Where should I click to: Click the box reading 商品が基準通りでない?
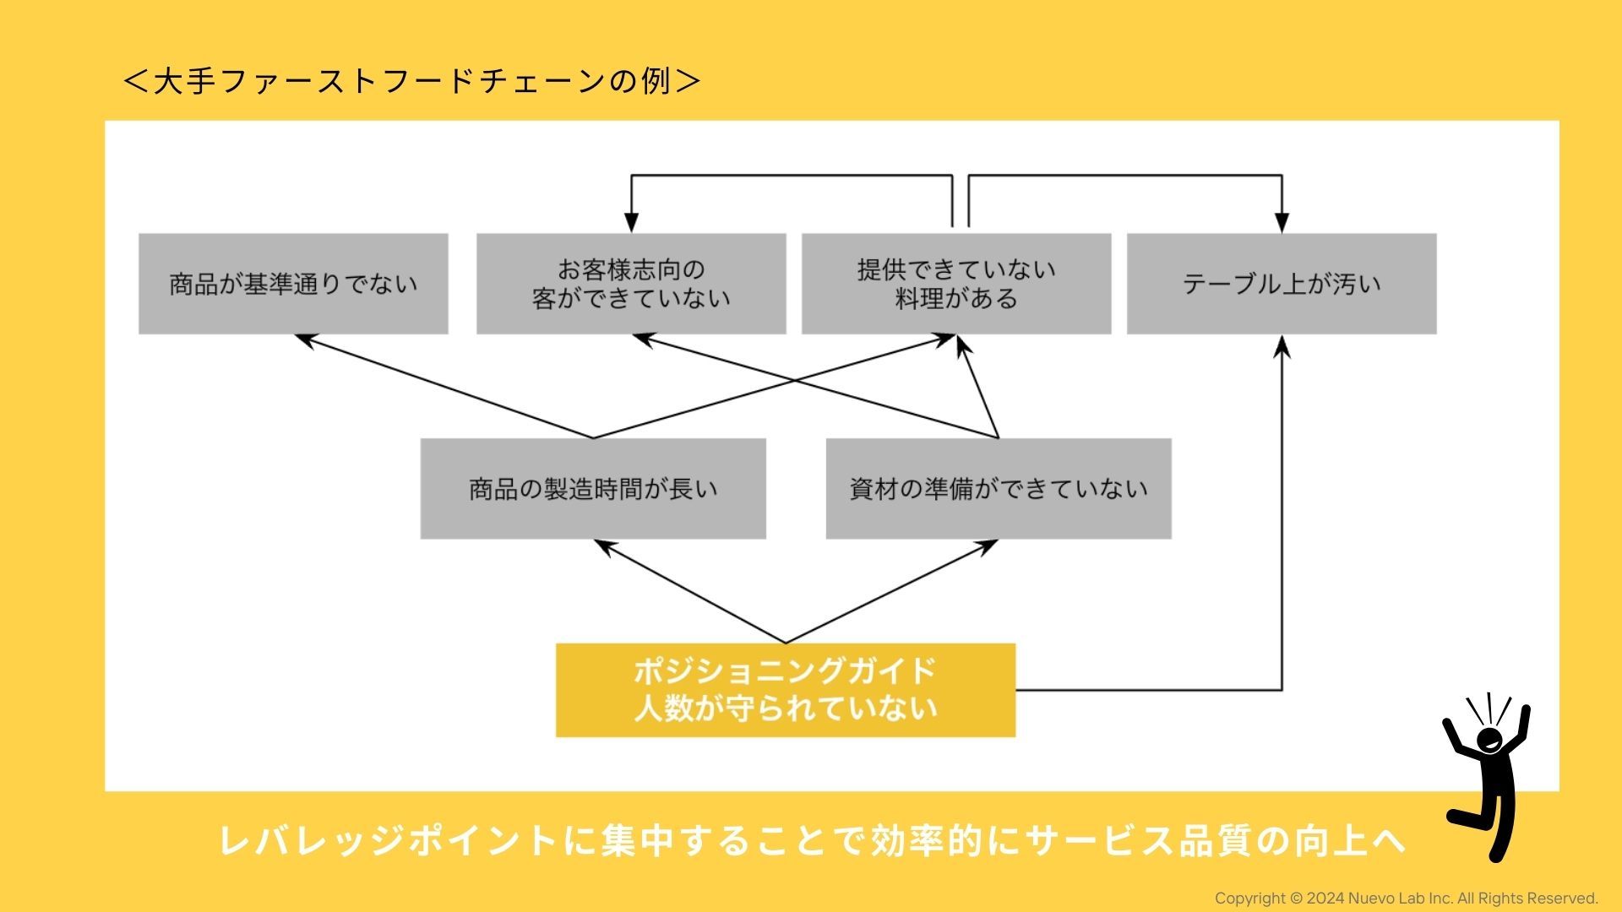click(293, 284)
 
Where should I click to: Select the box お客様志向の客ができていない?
click(631, 284)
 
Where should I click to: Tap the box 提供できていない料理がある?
click(956, 284)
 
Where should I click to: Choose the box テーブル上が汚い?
click(1282, 284)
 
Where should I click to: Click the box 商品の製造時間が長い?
click(593, 488)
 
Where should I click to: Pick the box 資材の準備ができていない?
click(999, 488)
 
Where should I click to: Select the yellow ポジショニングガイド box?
click(786, 690)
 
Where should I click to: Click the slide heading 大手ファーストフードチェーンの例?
click(411, 81)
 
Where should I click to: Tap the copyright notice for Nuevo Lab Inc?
click(1406, 898)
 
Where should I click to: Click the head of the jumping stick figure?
click(1489, 741)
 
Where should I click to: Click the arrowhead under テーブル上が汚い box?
click(1282, 345)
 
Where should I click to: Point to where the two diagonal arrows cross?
click(794, 381)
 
